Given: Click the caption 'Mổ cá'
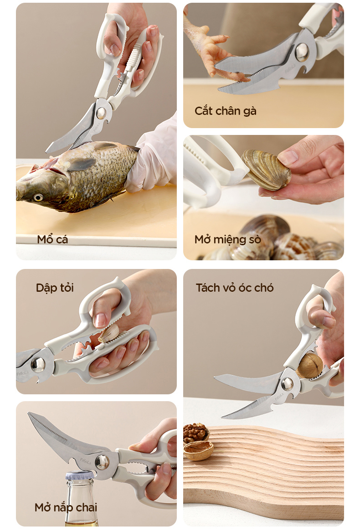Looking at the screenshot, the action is coord(52,239).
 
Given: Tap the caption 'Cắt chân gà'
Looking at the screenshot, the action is coord(225,111).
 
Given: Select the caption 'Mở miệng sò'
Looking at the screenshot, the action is coord(228,239).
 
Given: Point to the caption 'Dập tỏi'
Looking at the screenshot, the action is coord(55,288).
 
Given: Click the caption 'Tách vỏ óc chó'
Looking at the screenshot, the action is coord(235,288).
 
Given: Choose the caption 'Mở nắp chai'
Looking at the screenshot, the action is coord(66,507).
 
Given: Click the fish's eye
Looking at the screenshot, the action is coord(38,197).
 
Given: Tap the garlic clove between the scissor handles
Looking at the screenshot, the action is coord(109,333).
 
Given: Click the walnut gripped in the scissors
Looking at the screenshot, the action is coord(309,366).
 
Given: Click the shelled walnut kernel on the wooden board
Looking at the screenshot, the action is coord(195,432).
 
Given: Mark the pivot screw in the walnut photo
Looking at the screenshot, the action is coord(288,384).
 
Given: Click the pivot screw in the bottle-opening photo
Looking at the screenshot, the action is coord(102,462).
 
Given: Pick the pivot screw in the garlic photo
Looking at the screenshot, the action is coord(38,365).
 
